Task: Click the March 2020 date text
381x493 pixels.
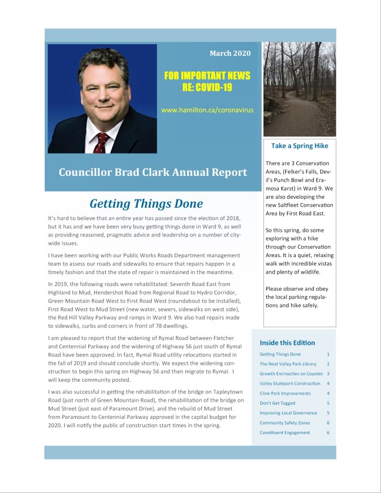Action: (230, 54)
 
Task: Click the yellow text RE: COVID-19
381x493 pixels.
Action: (207, 88)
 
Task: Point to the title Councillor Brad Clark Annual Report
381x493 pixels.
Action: (152, 172)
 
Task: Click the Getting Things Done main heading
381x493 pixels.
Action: (146, 204)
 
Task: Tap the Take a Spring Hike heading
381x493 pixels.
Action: (299, 145)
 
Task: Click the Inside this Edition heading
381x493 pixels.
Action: (287, 342)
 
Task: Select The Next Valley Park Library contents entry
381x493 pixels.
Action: (285, 364)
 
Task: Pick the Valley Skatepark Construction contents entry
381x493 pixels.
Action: (289, 384)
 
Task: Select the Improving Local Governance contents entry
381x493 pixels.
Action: (288, 413)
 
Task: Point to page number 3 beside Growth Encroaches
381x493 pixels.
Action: (327, 374)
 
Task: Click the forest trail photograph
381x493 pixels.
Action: (299, 89)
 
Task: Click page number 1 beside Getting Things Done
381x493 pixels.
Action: (327, 354)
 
